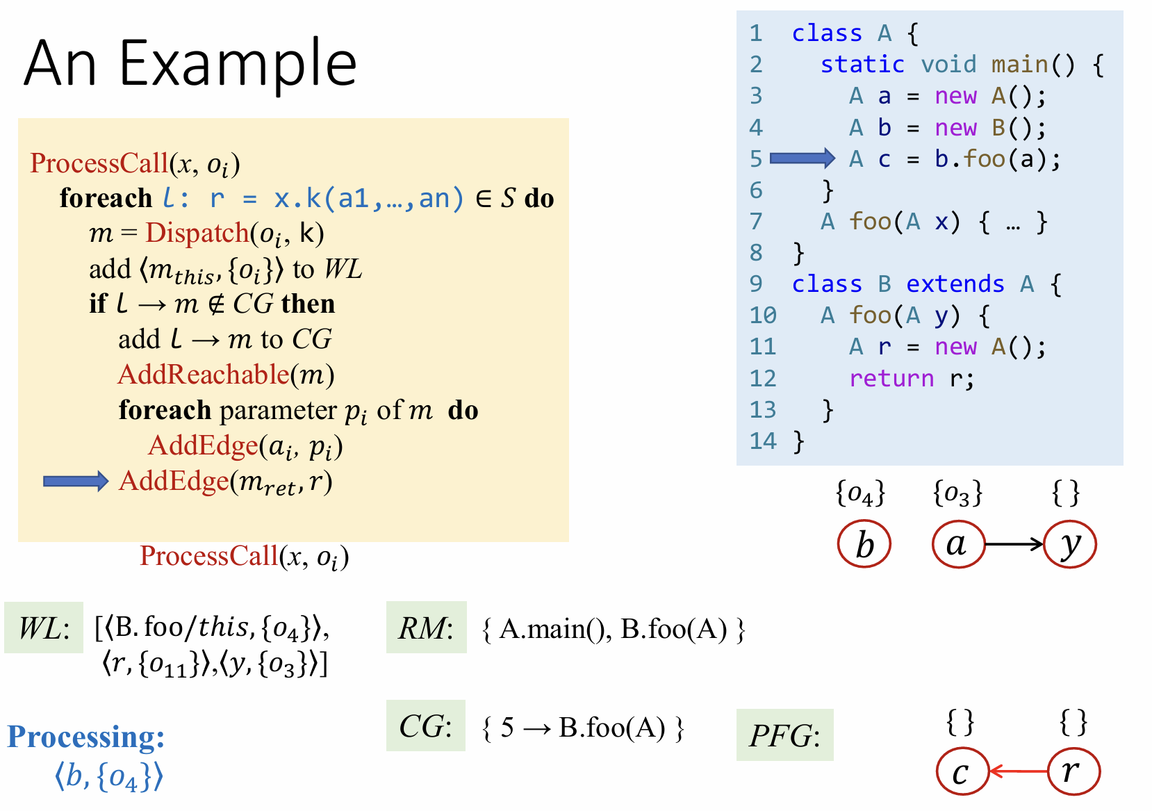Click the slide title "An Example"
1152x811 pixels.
click(190, 64)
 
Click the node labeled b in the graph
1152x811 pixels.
click(864, 544)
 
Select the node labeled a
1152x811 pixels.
click(958, 544)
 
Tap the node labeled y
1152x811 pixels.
click(1070, 544)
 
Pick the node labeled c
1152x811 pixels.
click(962, 771)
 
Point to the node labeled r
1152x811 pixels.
click(1073, 771)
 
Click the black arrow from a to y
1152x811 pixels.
click(1014, 544)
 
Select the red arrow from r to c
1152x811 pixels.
click(1018, 771)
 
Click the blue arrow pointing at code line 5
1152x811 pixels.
click(802, 158)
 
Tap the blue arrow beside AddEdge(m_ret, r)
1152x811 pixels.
click(76, 481)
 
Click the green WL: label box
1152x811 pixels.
click(44, 628)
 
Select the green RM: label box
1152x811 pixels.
click(426, 628)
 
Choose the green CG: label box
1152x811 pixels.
click(426, 726)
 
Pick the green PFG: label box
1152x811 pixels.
click(784, 735)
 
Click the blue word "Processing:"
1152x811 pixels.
click(86, 737)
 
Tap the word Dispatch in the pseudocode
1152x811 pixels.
click(197, 233)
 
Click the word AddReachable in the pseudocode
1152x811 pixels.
click(204, 375)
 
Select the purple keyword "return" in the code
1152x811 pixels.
click(891, 378)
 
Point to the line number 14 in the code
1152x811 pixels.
click(763, 441)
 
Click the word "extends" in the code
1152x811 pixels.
click(955, 284)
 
